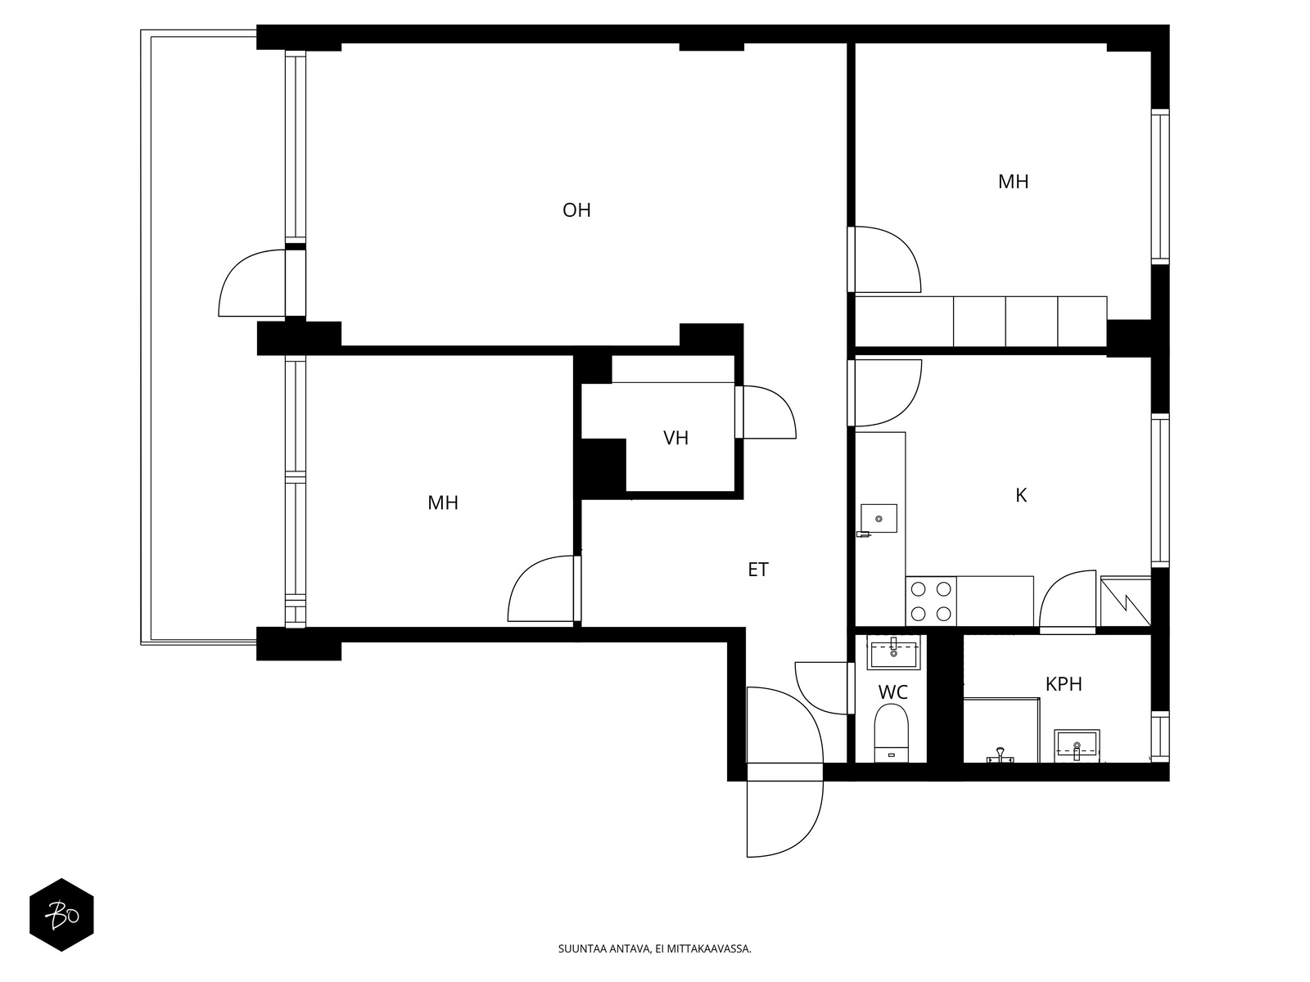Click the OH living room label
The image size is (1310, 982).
point(576,210)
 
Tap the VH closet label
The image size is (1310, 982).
point(675,439)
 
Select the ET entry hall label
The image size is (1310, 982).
point(758,570)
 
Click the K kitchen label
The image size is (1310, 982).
point(1021,495)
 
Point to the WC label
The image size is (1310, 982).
point(892,692)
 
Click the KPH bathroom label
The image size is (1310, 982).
point(1064,684)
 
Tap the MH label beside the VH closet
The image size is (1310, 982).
point(443,502)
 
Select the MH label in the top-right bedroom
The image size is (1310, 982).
point(1013,182)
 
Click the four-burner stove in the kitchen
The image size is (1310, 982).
point(931,601)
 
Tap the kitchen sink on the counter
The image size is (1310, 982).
point(879,518)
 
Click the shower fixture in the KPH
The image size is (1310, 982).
point(1000,755)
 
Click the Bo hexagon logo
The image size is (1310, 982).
point(61,915)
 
